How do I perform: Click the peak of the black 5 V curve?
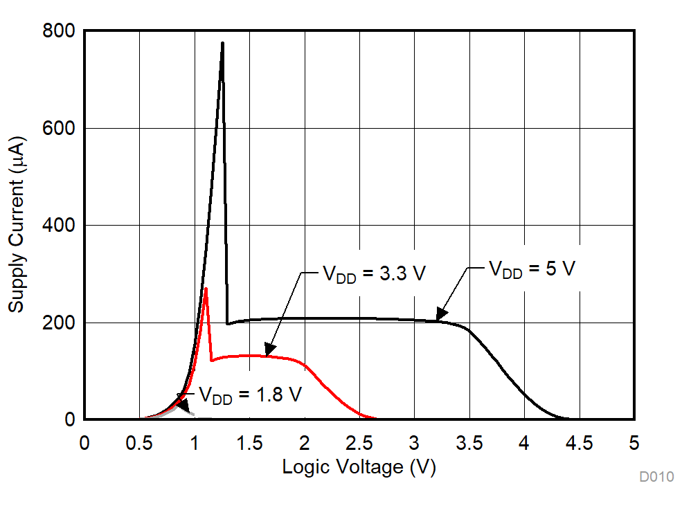click(222, 43)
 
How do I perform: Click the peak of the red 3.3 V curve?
click(206, 289)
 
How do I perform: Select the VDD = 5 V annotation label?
click(532, 269)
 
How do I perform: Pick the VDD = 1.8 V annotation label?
click(251, 394)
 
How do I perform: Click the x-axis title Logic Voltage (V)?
click(359, 467)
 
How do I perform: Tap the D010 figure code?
click(656, 477)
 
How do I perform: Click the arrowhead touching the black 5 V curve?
click(440, 316)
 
